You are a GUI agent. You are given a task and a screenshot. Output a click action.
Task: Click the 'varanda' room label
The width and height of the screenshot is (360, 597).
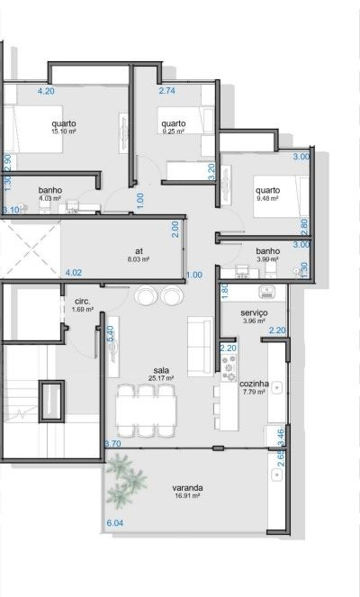tap(187, 488)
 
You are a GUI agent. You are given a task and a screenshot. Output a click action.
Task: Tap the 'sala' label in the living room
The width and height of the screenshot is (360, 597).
tap(161, 370)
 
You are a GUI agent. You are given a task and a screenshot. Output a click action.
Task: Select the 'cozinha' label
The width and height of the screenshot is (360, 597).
tap(254, 384)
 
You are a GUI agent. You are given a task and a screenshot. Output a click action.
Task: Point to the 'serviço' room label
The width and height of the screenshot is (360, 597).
tap(254, 313)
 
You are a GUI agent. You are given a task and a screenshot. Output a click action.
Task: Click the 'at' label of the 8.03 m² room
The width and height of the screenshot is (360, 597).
tap(139, 251)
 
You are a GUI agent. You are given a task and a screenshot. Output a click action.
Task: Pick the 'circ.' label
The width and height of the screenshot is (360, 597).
tap(83, 302)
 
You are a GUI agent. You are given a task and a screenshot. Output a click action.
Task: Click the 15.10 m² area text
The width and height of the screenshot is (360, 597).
tap(64, 131)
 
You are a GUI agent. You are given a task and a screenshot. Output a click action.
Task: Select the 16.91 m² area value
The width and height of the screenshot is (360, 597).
tap(187, 496)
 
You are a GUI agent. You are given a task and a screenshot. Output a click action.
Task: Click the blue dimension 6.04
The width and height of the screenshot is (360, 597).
tap(115, 523)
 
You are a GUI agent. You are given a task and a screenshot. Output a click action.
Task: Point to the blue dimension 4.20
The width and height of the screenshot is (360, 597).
tap(46, 91)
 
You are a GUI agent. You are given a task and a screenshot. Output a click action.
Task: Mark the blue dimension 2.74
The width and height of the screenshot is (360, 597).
tap(167, 91)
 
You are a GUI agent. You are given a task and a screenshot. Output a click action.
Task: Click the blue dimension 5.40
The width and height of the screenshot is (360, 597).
tap(111, 333)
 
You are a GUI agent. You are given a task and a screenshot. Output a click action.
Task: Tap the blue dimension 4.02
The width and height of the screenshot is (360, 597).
tap(74, 273)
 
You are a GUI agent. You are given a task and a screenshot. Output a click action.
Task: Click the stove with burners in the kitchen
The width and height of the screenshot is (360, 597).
tap(229, 367)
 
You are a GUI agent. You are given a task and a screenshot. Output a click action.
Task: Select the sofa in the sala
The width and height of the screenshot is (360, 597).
tap(200, 346)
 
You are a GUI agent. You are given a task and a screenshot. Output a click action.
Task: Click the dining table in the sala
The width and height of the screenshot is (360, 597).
tap(146, 411)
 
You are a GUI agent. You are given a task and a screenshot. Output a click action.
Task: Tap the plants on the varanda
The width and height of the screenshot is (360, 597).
tap(126, 481)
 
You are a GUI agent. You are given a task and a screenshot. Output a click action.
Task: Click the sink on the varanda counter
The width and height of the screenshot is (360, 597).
tap(276, 475)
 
